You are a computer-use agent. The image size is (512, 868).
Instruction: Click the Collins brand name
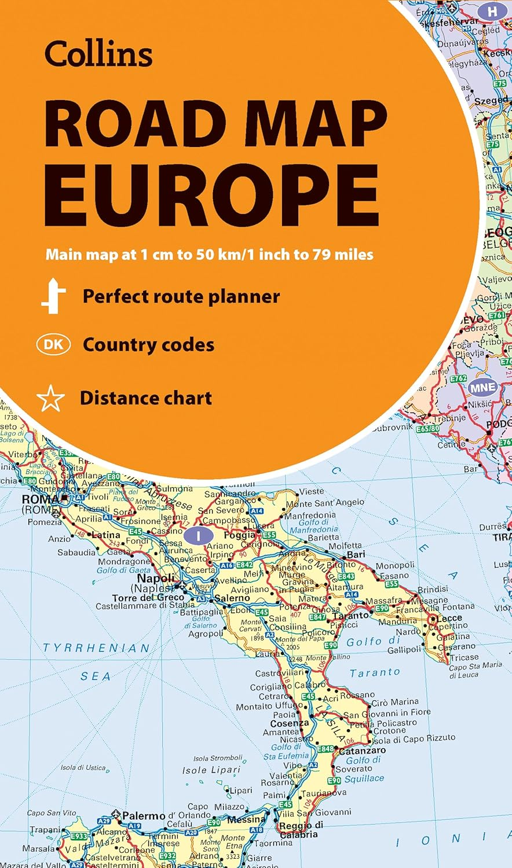[x=98, y=54]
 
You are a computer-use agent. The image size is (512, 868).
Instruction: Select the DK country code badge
[x=53, y=345]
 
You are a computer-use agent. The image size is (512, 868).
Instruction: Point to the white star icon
[x=50, y=399]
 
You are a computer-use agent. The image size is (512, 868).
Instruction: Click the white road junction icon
[x=53, y=296]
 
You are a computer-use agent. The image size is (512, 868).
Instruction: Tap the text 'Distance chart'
[x=146, y=398]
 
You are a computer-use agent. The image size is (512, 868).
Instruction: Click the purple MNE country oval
[x=482, y=387]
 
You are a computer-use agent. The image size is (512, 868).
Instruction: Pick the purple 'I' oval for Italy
[x=198, y=535]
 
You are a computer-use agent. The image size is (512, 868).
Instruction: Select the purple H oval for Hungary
[x=492, y=10]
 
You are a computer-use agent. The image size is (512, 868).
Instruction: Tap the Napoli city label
[x=156, y=578]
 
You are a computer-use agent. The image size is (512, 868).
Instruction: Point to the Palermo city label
[x=144, y=816]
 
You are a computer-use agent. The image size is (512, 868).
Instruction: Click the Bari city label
[x=356, y=554]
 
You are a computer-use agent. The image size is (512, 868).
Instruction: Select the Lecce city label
[x=449, y=617]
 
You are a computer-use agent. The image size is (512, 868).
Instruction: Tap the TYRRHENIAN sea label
[x=96, y=648]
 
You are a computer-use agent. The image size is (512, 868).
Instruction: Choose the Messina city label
[x=246, y=819]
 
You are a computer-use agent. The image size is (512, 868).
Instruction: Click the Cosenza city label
[x=290, y=723]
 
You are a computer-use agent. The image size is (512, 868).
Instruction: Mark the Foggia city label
[x=239, y=535]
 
